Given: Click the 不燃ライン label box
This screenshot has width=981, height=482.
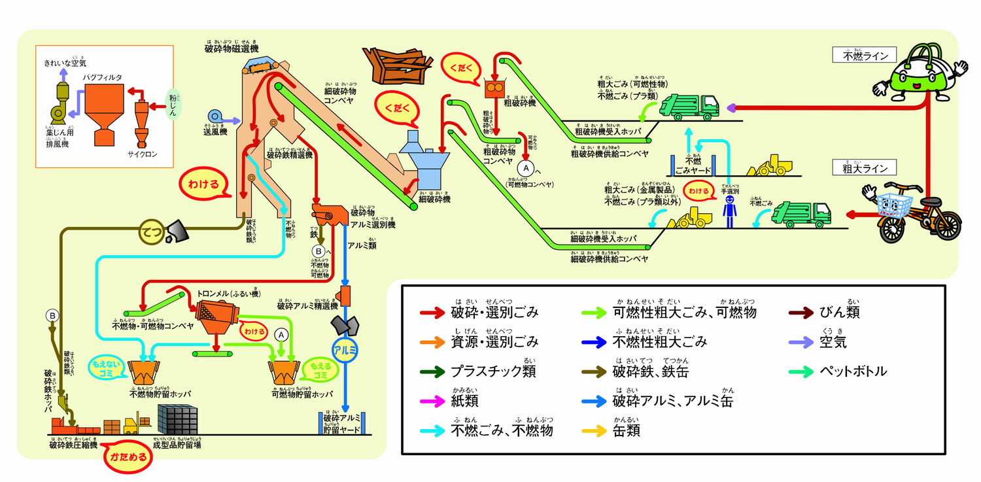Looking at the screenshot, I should [863, 56].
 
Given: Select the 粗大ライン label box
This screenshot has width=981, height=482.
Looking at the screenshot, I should [863, 168].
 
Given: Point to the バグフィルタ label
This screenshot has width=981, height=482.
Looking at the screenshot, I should [103, 77].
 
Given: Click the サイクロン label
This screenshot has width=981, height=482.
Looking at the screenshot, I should [142, 154].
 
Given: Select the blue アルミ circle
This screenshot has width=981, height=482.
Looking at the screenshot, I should [345, 349].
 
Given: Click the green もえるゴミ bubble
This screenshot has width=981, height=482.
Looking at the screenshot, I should [318, 371].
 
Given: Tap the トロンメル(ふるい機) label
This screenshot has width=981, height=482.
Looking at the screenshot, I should [228, 294].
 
